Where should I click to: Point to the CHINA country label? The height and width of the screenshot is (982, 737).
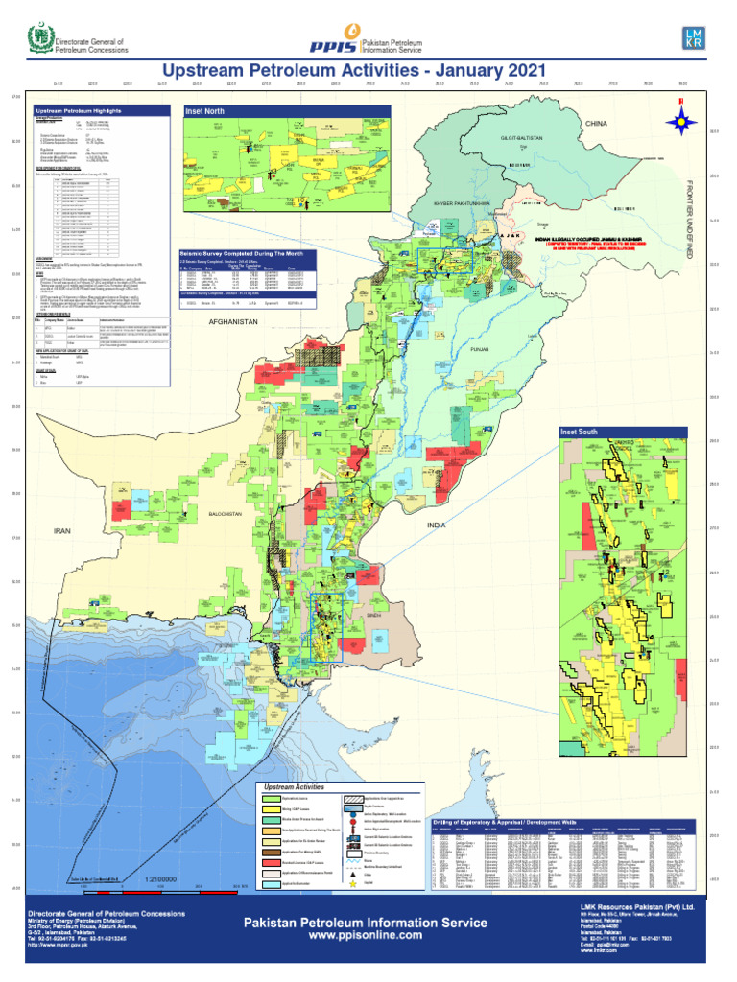[x=598, y=124]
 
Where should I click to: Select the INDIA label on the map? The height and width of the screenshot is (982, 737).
[x=438, y=526]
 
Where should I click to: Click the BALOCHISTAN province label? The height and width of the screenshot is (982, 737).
[x=226, y=515]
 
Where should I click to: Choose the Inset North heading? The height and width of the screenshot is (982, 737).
[x=203, y=111]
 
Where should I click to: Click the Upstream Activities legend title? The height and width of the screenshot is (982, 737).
[x=294, y=786]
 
